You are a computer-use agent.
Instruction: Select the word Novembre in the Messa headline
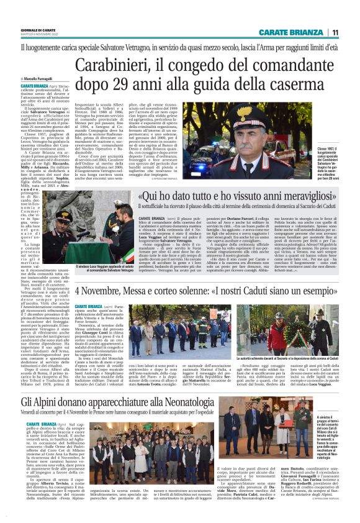pos(104,291)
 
